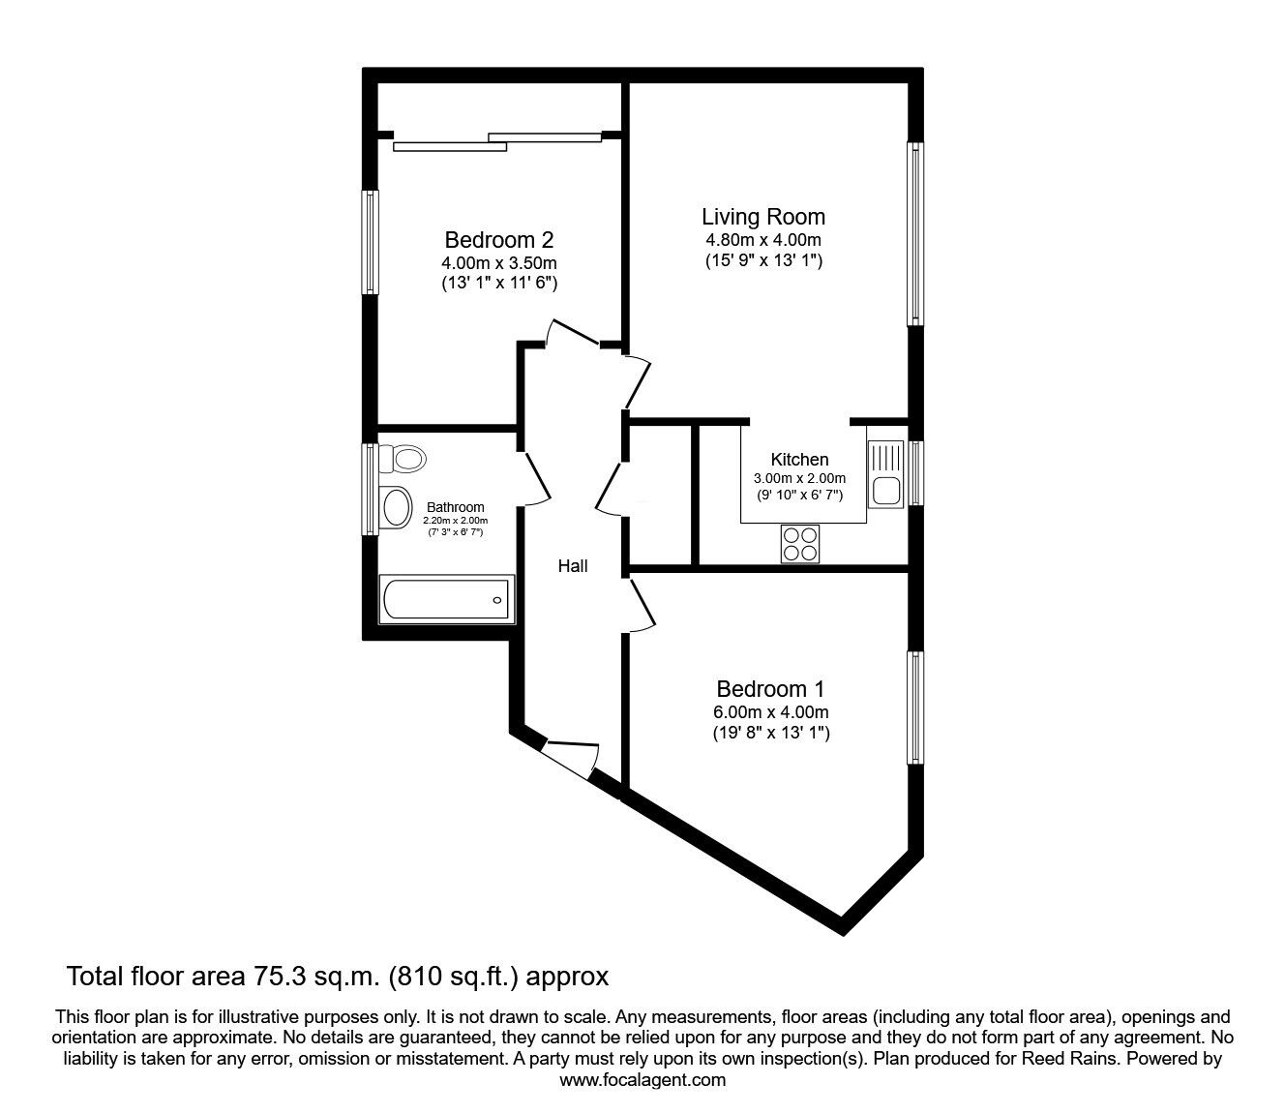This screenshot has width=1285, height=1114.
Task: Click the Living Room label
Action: pos(763,217)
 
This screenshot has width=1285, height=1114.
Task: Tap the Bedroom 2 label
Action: pos(498,239)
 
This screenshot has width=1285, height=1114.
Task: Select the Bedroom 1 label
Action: pos(770,689)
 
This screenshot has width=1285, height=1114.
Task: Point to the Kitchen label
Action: pos(799,460)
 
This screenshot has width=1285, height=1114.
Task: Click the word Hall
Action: pos(573,566)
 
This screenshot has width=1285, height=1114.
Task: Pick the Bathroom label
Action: pos(455,507)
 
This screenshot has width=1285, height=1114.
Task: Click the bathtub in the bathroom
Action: pos(446,600)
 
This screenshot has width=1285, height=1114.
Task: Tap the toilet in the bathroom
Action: pos(403,458)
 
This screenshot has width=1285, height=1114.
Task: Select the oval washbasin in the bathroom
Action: pos(395,505)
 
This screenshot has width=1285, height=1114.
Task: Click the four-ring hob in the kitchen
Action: pos(799,543)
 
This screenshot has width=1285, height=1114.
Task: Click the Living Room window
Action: pos(914,233)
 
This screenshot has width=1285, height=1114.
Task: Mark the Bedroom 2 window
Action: pos(370,241)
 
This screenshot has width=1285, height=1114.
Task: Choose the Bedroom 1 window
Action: pos(914,708)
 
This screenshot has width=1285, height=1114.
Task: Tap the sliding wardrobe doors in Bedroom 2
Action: pos(498,141)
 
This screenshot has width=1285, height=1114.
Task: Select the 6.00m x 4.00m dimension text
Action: pos(770,712)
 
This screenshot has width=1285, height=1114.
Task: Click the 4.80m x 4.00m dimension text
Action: pos(763,240)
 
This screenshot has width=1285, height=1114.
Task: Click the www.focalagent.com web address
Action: pos(642,1080)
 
